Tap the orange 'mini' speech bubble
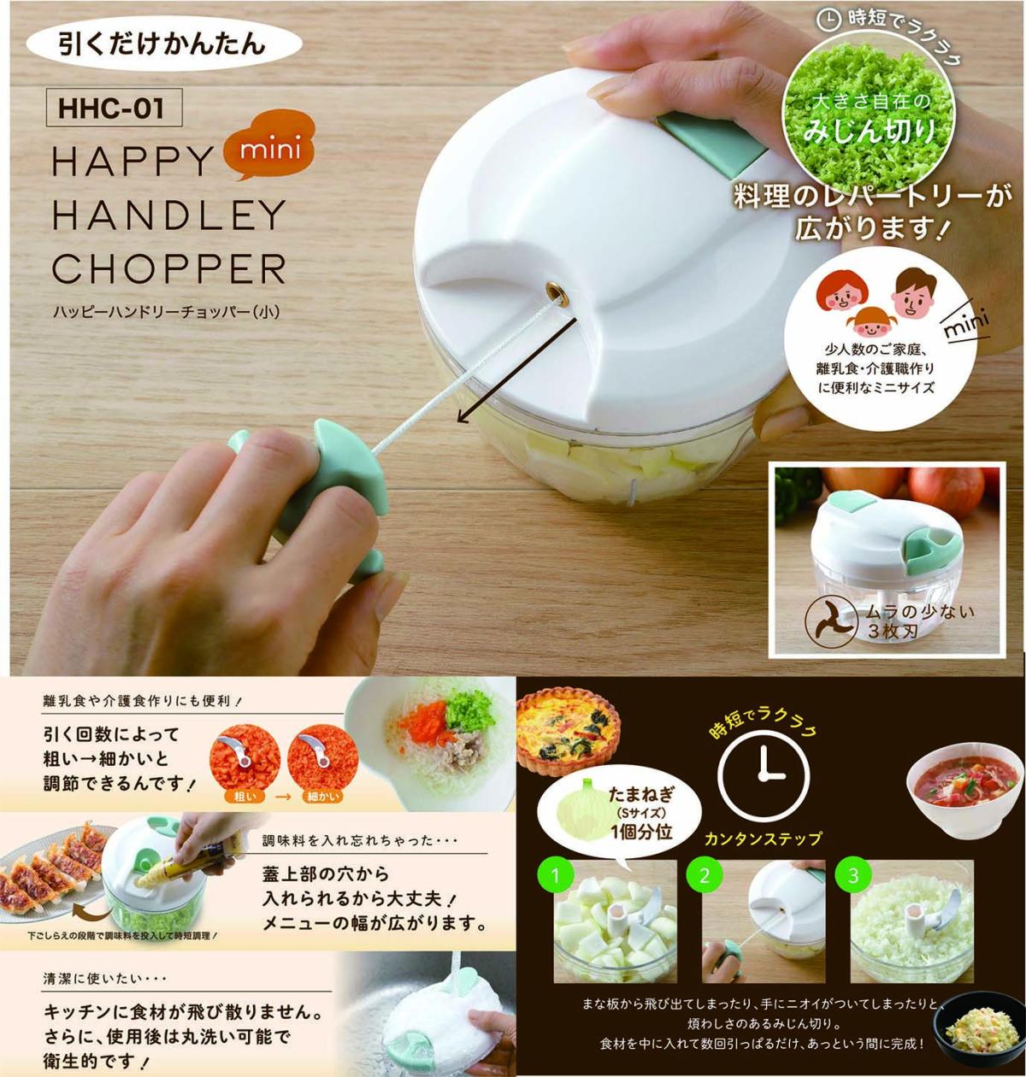point(268,149)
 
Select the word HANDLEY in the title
point(168,214)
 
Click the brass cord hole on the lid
point(558,295)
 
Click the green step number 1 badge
point(556,874)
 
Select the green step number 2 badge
point(705,874)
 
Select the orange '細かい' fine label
point(321,797)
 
